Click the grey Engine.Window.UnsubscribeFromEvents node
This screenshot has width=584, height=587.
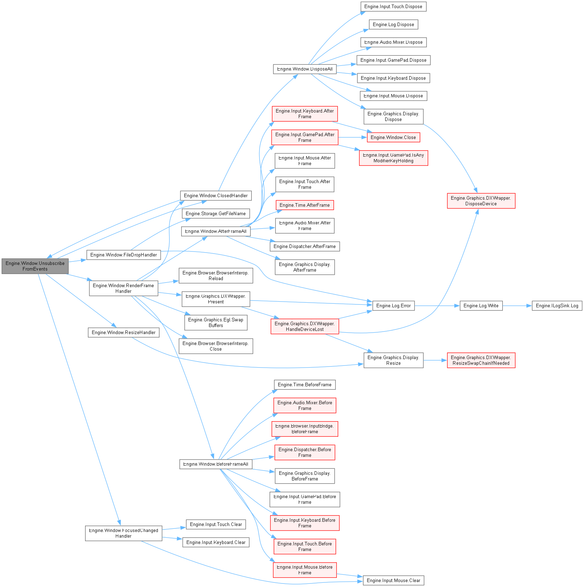[35, 266]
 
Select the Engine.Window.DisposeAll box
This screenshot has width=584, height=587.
[305, 69]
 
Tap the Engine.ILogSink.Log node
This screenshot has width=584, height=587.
[557, 306]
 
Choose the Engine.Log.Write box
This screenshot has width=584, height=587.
[481, 306]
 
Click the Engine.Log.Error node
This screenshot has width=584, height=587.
[393, 306]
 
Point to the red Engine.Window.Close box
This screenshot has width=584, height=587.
[393, 138]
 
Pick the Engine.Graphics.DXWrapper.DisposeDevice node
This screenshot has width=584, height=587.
[481, 201]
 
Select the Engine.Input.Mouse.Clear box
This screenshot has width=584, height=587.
[393, 580]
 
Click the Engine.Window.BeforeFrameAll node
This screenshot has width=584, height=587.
[216, 464]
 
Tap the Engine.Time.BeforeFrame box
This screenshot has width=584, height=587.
[305, 385]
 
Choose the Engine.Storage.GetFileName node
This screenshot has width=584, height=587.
[216, 214]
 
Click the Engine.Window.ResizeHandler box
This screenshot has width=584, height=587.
[124, 333]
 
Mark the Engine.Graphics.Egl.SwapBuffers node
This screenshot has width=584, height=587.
[216, 323]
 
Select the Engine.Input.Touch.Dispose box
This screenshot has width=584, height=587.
[393, 7]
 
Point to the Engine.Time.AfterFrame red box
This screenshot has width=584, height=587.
[305, 205]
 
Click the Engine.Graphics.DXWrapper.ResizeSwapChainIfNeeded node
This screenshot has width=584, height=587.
[481, 361]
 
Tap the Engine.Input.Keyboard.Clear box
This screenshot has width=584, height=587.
[216, 543]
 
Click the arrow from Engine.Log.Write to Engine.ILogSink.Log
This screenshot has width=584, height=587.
[517, 306]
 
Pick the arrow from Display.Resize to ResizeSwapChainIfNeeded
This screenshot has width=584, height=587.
[435, 361]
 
